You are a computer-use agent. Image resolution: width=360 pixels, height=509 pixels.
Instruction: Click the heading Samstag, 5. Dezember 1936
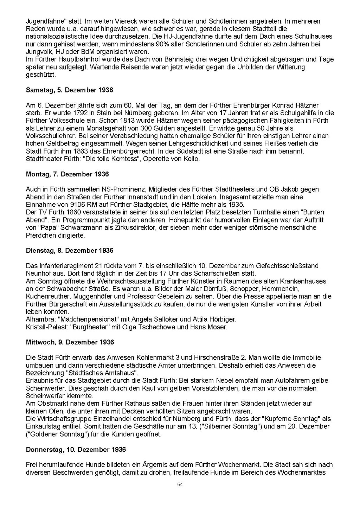(x=70, y=90)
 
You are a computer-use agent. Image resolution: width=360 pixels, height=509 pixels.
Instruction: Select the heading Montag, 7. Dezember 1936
(x=67, y=174)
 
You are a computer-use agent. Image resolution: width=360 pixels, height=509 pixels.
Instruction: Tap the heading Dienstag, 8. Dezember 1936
(x=70, y=251)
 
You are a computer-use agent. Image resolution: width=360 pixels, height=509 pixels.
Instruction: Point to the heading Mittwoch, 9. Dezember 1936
(x=70, y=342)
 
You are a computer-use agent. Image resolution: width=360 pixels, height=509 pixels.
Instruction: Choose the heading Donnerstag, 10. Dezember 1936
(x=76, y=450)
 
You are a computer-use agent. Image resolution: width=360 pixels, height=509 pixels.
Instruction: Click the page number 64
(x=180, y=484)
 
